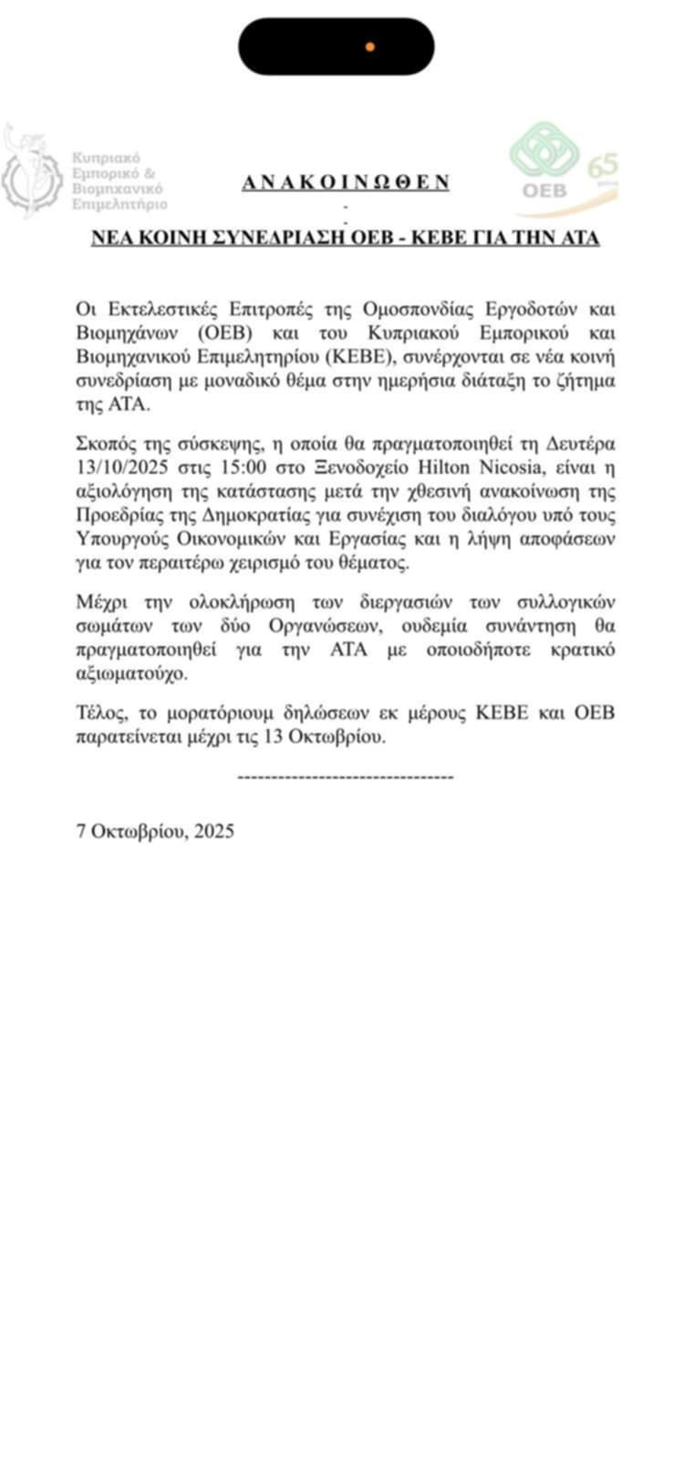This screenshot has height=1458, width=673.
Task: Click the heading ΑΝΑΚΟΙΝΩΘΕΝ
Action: pyautogui.click(x=346, y=181)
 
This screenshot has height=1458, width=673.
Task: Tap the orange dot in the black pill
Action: pyautogui.click(x=369, y=46)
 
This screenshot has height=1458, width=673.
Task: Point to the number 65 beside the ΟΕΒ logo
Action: pyautogui.click(x=603, y=166)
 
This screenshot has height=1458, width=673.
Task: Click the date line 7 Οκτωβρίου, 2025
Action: pyautogui.click(x=156, y=831)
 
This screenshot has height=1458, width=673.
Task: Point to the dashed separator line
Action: pyautogui.click(x=345, y=776)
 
